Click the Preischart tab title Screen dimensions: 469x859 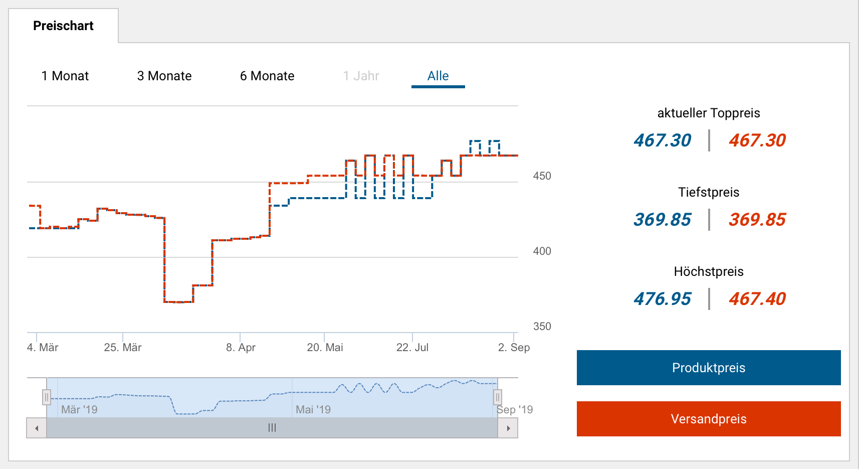pyautogui.click(x=63, y=26)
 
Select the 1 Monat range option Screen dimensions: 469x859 pyautogui.click(x=65, y=76)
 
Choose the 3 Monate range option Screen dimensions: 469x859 pyautogui.click(x=164, y=76)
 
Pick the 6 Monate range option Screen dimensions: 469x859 pyautogui.click(x=267, y=76)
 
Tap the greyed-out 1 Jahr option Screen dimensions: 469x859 pyautogui.click(x=361, y=76)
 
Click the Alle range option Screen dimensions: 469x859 pyautogui.click(x=438, y=76)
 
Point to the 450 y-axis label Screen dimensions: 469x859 pyautogui.click(x=542, y=176)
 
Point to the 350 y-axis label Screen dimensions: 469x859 pyautogui.click(x=542, y=327)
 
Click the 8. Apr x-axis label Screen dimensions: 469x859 pyautogui.click(x=241, y=347)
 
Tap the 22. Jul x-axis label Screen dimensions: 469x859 pyautogui.click(x=412, y=347)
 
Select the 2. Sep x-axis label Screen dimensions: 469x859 pyautogui.click(x=514, y=347)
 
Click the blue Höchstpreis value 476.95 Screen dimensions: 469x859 pyautogui.click(x=662, y=299)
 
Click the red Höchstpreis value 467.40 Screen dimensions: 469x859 pyautogui.click(x=757, y=299)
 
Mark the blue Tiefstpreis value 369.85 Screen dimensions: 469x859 pyautogui.click(x=662, y=220)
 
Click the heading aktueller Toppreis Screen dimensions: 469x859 pyautogui.click(x=709, y=113)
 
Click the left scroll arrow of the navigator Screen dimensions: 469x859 pyautogui.click(x=37, y=428)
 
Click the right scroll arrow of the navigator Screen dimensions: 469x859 pyautogui.click(x=508, y=428)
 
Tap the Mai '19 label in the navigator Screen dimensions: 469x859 pyautogui.click(x=313, y=409)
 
